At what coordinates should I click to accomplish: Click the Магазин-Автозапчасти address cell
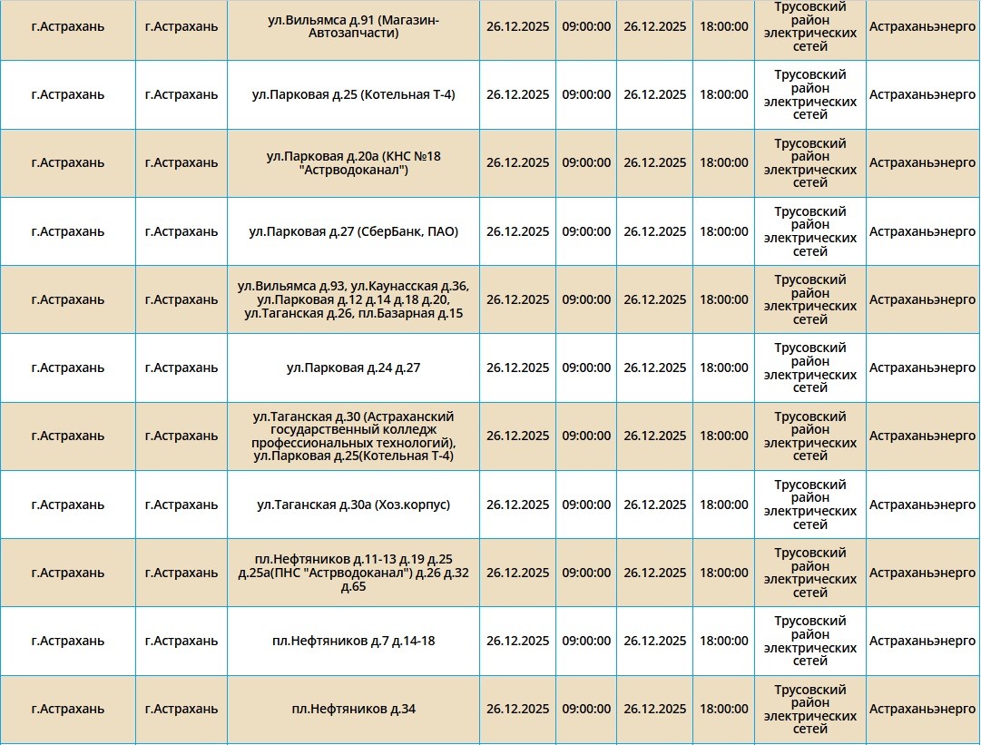tap(353, 26)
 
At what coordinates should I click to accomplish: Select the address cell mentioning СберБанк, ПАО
tap(353, 231)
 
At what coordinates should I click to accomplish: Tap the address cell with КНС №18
tap(353, 163)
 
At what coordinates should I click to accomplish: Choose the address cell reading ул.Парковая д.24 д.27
tap(353, 368)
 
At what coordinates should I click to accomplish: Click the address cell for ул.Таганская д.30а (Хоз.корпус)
tap(353, 505)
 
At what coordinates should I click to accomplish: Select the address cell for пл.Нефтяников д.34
tap(353, 709)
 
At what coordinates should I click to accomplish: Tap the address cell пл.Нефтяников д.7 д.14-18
tap(353, 641)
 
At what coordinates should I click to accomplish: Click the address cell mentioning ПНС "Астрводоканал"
tap(353, 573)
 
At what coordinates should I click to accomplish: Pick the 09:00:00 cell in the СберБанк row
tap(586, 231)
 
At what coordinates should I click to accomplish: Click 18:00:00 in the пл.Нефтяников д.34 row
tap(724, 709)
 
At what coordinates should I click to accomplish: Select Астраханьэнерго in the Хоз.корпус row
tap(922, 505)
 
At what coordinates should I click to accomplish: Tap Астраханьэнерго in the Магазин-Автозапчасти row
tap(922, 26)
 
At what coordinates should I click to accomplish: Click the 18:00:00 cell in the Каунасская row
tap(724, 299)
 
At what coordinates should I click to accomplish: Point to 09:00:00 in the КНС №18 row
tap(586, 163)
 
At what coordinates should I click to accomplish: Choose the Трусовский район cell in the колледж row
tap(809, 436)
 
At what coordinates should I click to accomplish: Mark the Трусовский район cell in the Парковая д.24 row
tap(809, 368)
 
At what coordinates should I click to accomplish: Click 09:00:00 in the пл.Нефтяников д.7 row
tap(586, 641)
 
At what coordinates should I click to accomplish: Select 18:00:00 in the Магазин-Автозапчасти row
tap(724, 26)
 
